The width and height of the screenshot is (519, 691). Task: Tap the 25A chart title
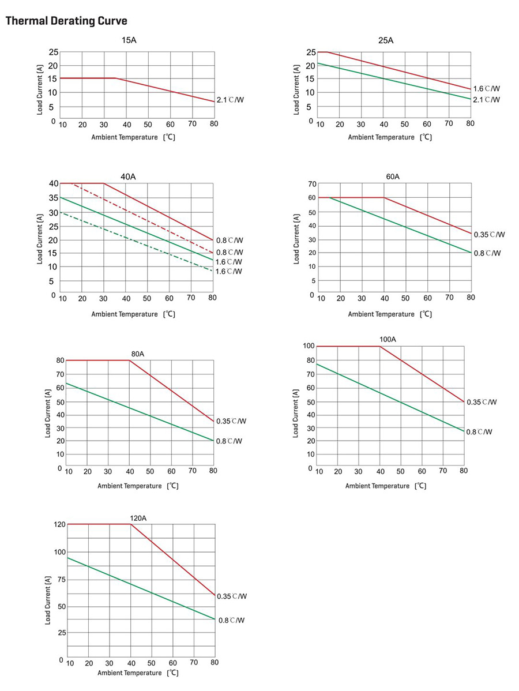(386, 40)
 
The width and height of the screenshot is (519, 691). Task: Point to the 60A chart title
(393, 176)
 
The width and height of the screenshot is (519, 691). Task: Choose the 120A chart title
(138, 518)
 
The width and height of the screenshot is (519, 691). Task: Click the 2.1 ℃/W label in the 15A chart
(230, 100)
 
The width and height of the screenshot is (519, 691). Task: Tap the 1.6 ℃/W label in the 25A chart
(487, 89)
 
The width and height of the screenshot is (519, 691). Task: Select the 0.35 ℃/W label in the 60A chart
(489, 235)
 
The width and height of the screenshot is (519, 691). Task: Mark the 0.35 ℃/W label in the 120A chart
(232, 596)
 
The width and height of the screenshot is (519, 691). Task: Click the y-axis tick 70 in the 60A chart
(312, 184)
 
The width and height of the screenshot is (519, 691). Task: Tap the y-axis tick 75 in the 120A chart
(59, 580)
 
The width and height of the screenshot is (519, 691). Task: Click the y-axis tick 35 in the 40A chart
(54, 198)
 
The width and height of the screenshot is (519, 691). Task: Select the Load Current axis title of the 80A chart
(48, 414)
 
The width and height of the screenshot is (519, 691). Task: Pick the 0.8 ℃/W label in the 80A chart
(229, 441)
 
